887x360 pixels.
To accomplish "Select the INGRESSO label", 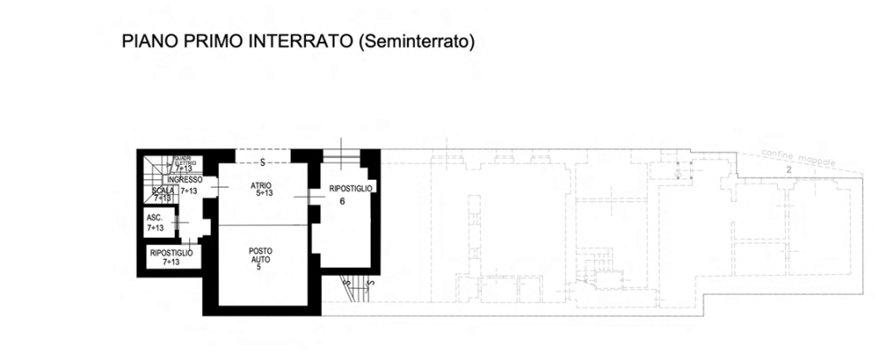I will pos(183,179).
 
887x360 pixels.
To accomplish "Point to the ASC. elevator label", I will pos(153,217).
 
